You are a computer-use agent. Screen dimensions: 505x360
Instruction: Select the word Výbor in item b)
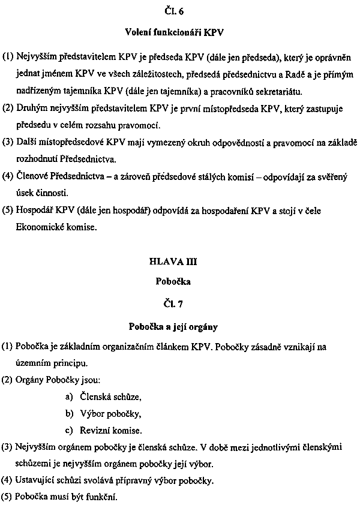[92, 413]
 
